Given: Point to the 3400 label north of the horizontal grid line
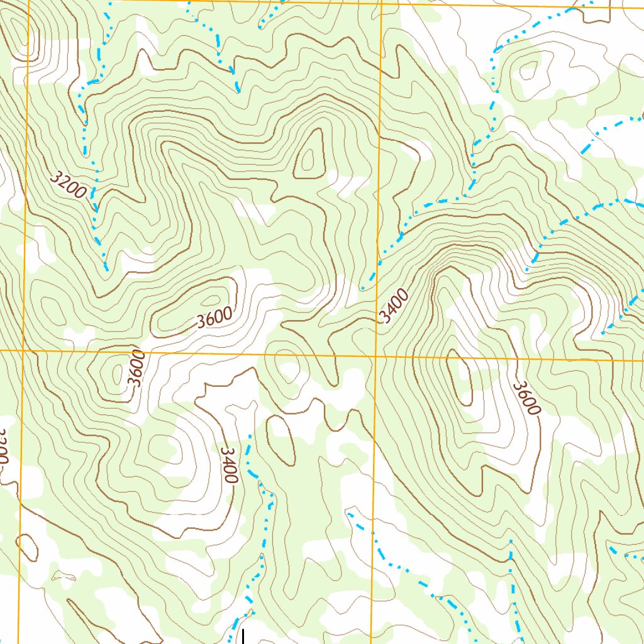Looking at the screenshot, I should pos(394,306).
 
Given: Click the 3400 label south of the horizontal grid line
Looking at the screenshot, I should pos(229,465).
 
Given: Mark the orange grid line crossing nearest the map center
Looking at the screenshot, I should pos(375,356).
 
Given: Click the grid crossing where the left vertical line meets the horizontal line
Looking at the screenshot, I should pos(23,350).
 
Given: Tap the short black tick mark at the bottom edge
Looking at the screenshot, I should pos(243,636).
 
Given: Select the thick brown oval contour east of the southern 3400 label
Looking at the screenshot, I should pos(281,440).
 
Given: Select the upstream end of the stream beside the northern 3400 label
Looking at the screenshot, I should pos(363,289).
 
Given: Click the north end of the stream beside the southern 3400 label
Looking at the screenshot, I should pos(250,435).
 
